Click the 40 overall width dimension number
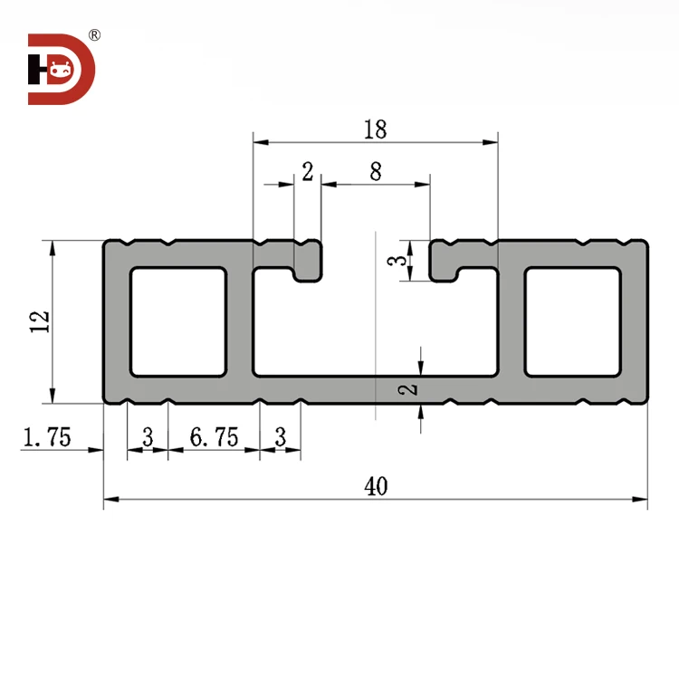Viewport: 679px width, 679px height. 376,486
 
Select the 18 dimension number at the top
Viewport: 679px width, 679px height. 375,129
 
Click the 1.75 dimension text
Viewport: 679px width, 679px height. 46,438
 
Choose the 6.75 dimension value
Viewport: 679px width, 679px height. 214,438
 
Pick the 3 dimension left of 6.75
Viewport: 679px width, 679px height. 148,438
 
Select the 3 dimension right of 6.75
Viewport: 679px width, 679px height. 281,438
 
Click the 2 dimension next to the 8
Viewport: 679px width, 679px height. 308,171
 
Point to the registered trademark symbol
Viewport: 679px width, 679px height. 95,35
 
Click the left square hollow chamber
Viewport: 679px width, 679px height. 178,321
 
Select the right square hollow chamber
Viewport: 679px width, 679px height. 573,321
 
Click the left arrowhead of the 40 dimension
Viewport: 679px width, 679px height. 110,499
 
